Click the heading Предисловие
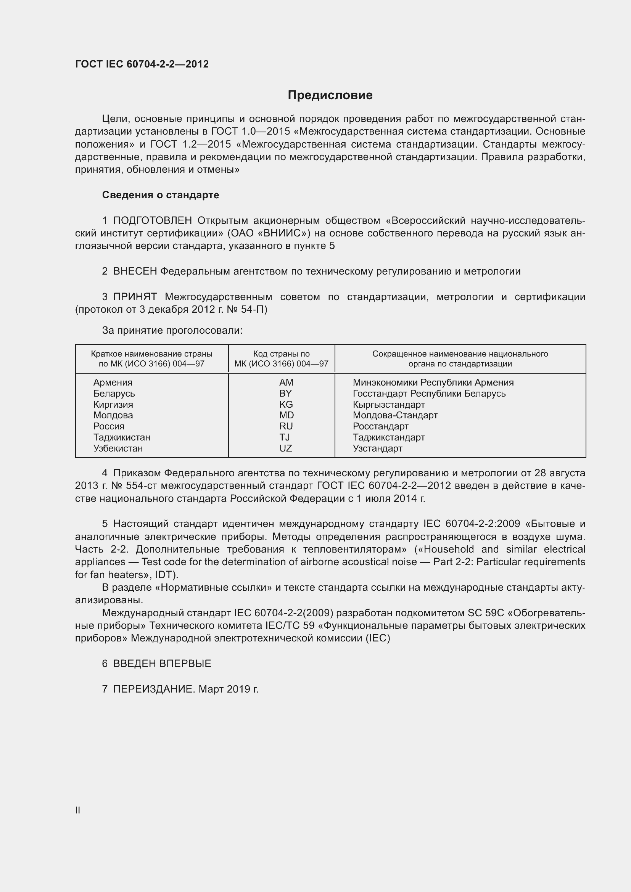[x=330, y=95]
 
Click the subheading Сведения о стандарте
[x=161, y=195]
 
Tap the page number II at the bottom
[x=78, y=810]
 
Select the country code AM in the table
[x=286, y=382]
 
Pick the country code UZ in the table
[x=286, y=448]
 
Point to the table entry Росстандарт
[x=380, y=426]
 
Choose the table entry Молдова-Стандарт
[x=395, y=415]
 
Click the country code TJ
[x=285, y=437]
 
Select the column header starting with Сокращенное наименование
[x=460, y=358]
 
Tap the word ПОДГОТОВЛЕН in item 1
[x=152, y=221]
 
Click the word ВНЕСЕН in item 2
[x=135, y=272]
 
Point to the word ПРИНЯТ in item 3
[x=135, y=297]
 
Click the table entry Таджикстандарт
[x=388, y=437]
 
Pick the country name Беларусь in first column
[x=114, y=394]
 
